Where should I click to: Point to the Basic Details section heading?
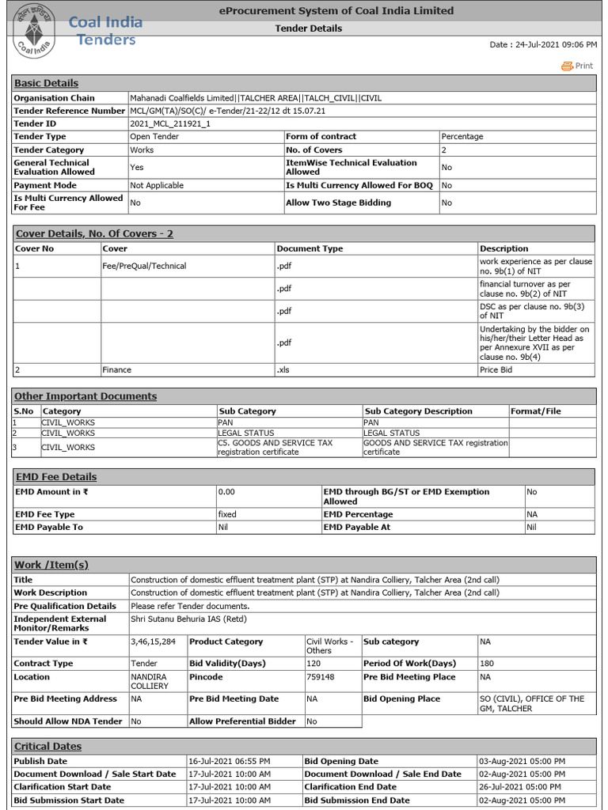[47, 83]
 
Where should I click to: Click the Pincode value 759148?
[320, 677]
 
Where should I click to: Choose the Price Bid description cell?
[495, 369]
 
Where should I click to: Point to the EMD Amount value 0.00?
[226, 492]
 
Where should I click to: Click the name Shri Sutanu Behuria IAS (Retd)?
[191, 619]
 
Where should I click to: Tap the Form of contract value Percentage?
[462, 137]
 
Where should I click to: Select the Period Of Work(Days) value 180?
[487, 664]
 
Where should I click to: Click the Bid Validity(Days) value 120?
[314, 664]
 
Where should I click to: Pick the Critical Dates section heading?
[47, 746]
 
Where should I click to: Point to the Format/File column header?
[536, 411]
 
